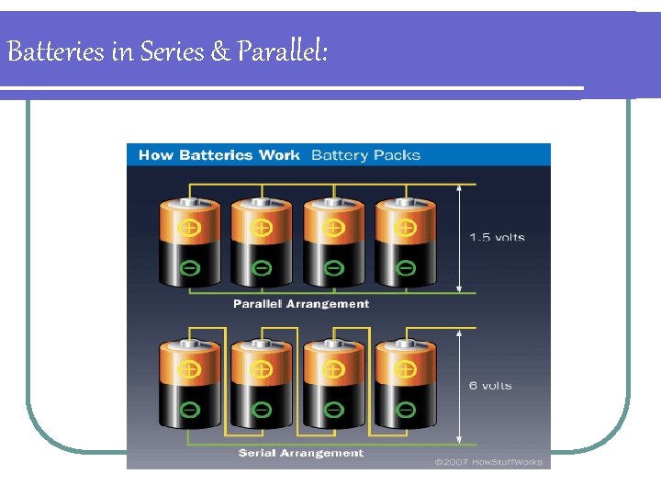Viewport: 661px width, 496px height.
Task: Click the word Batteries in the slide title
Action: (x=56, y=52)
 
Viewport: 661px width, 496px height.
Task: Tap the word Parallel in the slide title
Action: (x=281, y=52)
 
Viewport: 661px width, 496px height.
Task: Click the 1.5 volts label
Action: (x=497, y=238)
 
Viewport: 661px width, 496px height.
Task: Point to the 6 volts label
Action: (x=490, y=386)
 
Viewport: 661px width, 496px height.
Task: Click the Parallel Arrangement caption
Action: (x=301, y=304)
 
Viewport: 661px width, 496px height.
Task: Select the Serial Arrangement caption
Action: (x=301, y=453)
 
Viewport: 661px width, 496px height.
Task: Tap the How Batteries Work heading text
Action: (x=218, y=155)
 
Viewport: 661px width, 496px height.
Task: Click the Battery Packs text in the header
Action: (x=365, y=155)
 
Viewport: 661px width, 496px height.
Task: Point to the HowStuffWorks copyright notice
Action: (x=488, y=462)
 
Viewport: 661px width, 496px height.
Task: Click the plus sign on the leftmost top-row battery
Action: (x=189, y=227)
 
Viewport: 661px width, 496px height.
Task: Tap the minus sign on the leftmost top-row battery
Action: (x=189, y=268)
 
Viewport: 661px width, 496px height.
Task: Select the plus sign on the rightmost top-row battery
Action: (x=405, y=227)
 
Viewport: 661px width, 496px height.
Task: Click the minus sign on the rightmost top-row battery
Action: (x=405, y=268)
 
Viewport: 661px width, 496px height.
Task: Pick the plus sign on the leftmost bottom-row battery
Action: (x=189, y=370)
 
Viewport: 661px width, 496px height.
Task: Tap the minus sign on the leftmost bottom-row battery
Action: (x=189, y=409)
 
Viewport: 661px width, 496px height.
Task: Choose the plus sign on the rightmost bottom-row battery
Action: (x=405, y=370)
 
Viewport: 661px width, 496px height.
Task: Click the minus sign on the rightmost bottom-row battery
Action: (x=405, y=409)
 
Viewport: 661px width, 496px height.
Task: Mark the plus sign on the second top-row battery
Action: (x=262, y=227)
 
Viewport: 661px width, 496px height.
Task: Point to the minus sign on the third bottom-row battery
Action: (x=333, y=409)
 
